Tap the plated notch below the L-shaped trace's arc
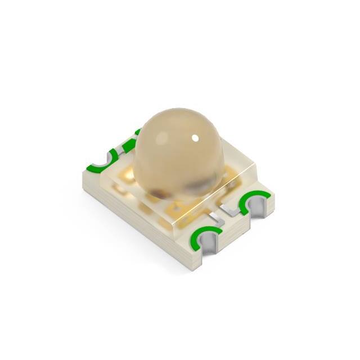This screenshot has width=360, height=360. [256, 209]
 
